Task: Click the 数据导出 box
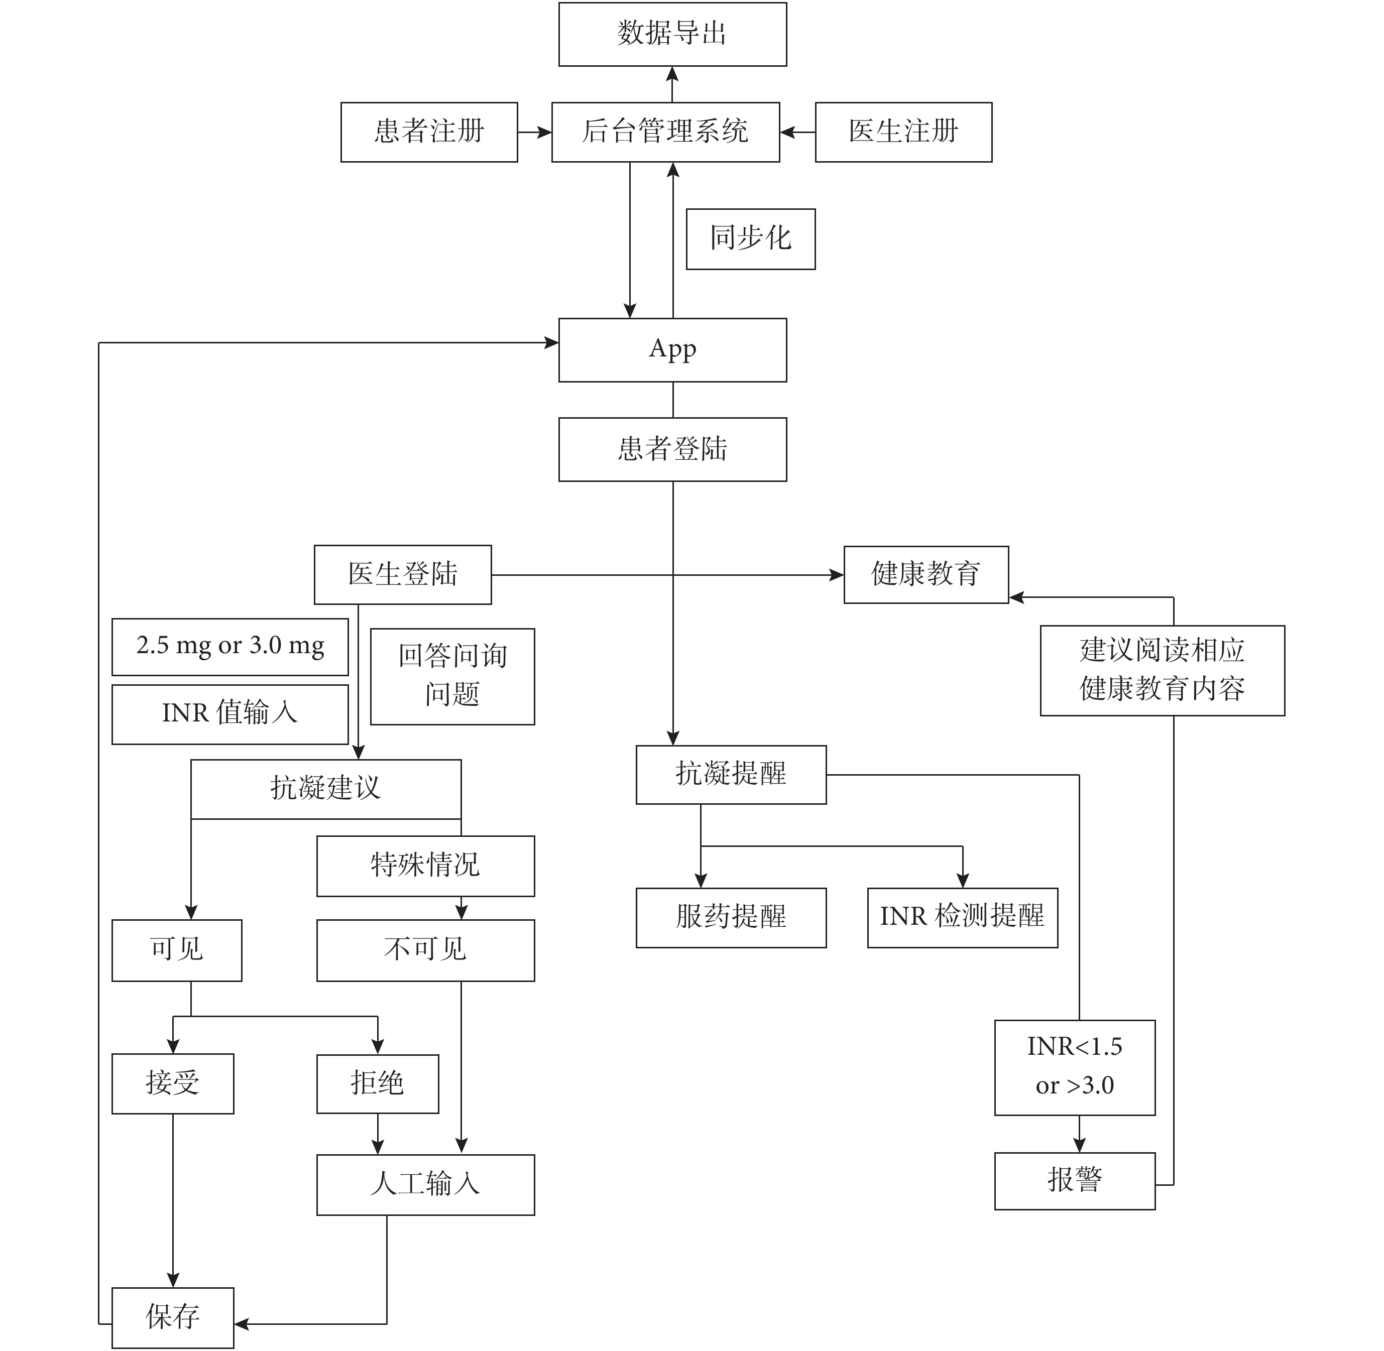tap(672, 34)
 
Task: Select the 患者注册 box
tap(429, 132)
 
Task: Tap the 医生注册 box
tap(903, 132)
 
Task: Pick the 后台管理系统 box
tap(665, 132)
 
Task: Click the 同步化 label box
tap(750, 239)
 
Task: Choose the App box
tap(672, 350)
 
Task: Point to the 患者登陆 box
tap(672, 449)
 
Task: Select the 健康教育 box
tap(926, 575)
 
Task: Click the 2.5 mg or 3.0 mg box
tap(230, 647)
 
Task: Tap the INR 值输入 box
tap(230, 714)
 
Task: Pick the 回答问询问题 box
tap(452, 676)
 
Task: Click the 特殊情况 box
tap(425, 866)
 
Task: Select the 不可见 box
tap(425, 950)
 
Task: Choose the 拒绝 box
tap(377, 1083)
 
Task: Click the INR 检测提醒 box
tap(962, 917)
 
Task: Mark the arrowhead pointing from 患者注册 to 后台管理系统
tap(544, 132)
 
